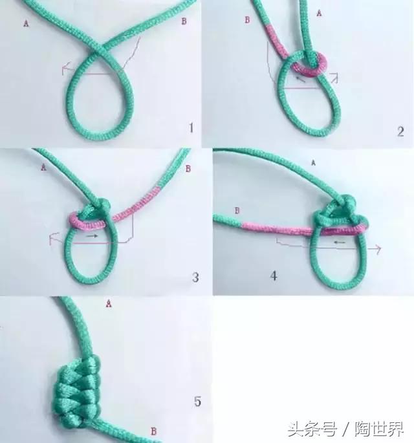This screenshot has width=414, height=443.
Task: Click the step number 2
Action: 400,132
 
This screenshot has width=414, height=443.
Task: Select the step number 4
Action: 274,276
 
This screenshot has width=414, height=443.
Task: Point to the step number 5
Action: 197,402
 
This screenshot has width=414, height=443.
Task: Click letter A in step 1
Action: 26,23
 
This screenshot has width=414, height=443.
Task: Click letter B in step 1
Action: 184,21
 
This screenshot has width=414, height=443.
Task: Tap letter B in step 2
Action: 246,20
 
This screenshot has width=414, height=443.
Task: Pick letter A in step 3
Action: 43,167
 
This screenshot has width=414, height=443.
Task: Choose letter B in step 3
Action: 188,169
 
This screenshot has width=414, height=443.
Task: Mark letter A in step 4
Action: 313,164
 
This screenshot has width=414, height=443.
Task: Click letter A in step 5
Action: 109,301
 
